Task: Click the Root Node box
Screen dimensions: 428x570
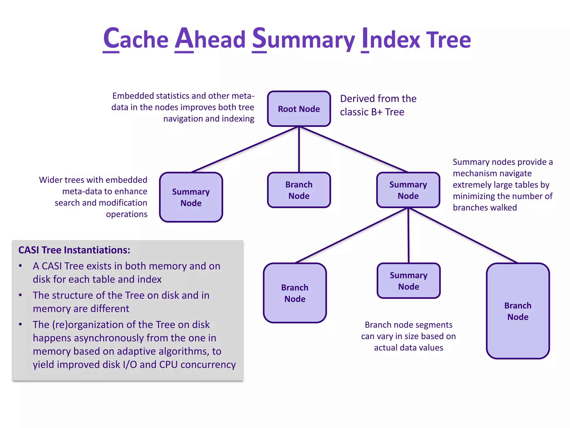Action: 299,109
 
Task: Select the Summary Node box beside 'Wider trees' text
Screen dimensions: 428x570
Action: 191,197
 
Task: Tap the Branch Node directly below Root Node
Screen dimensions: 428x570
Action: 299,190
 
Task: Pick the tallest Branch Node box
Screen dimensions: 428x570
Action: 518,311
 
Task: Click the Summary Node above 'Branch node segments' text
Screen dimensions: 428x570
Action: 409,281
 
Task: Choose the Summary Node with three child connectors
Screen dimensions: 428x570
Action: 408,190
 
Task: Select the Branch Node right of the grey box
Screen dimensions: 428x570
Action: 295,293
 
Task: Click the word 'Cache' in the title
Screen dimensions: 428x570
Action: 136,39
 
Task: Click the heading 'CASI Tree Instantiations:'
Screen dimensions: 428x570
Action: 74,250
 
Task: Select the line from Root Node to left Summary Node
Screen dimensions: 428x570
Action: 245,149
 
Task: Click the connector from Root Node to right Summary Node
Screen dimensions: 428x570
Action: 353,149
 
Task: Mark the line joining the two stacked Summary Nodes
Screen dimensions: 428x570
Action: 408,235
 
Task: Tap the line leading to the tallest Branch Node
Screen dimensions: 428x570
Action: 463,235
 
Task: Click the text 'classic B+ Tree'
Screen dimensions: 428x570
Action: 372,112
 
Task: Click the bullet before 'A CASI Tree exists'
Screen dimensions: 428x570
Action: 20,266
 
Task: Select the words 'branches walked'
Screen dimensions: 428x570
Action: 485,208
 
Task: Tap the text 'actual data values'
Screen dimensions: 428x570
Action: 408,348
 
